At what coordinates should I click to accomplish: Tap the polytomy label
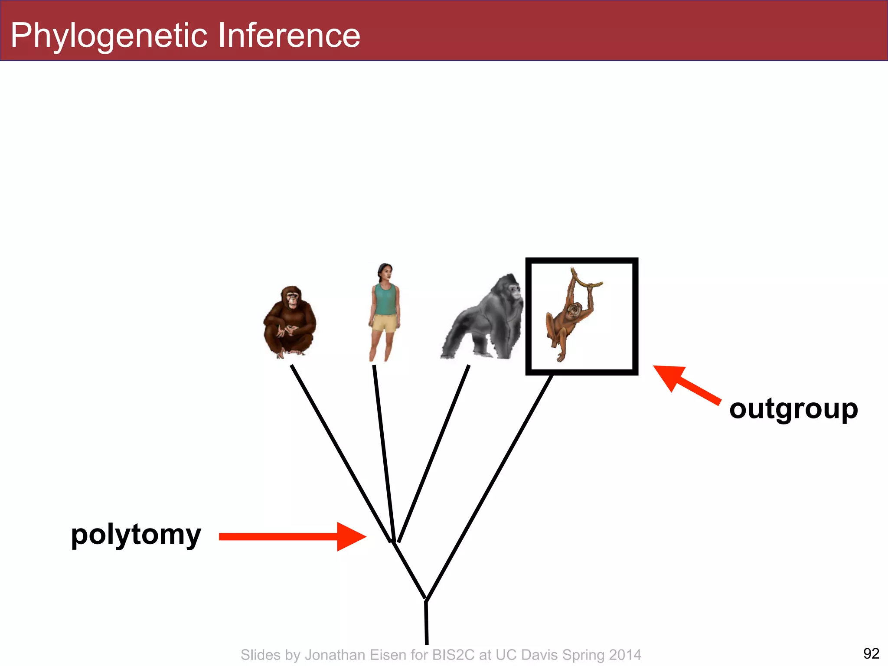(x=136, y=535)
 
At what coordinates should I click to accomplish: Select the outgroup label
(x=793, y=409)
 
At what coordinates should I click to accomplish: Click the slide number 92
(x=871, y=653)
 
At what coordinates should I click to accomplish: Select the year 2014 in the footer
(x=625, y=655)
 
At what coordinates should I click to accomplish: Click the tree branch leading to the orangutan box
(x=490, y=486)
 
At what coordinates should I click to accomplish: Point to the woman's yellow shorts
(x=384, y=323)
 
